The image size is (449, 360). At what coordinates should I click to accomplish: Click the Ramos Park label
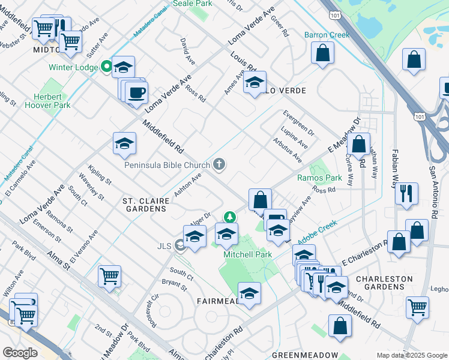coord(319,178)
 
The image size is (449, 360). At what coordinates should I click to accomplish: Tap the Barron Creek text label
coord(327,35)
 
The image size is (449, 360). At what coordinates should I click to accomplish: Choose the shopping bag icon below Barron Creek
coord(323,53)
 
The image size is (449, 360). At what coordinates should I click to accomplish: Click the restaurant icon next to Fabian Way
coord(406,193)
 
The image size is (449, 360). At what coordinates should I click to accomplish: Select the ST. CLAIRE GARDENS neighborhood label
coord(144,204)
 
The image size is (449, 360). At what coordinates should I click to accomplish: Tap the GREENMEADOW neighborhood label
coord(304,355)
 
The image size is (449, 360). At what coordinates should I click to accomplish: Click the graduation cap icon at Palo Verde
coord(255,82)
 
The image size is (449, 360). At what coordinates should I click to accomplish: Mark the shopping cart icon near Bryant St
coord(109,276)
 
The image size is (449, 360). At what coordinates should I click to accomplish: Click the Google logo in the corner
coord(20,353)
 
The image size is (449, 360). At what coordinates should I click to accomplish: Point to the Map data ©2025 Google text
coord(412,355)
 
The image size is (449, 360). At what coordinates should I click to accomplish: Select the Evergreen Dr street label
coord(298,122)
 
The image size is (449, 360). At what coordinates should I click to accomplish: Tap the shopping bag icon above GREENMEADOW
coord(340,326)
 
